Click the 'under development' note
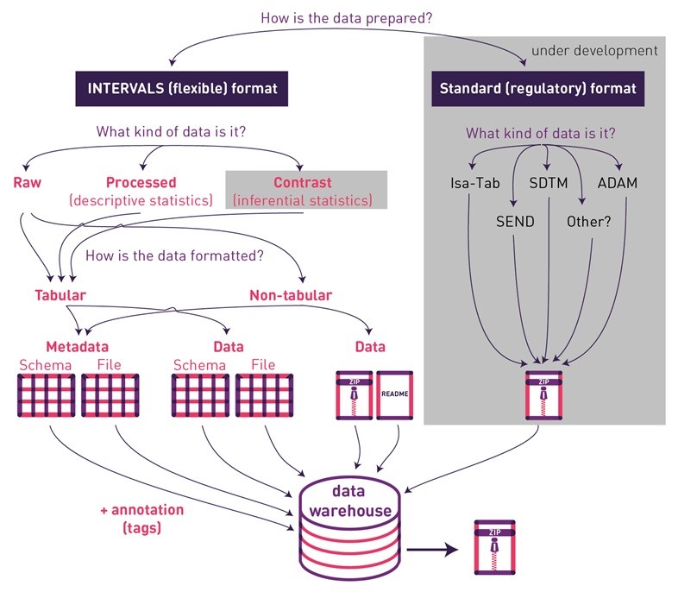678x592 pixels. [x=594, y=50]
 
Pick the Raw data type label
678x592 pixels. [x=27, y=182]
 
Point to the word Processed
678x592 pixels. [x=141, y=182]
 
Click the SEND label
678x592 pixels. [x=515, y=221]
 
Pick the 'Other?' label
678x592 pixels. [x=588, y=221]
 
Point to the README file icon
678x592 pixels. [x=396, y=395]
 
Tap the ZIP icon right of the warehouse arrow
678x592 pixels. [x=495, y=547]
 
